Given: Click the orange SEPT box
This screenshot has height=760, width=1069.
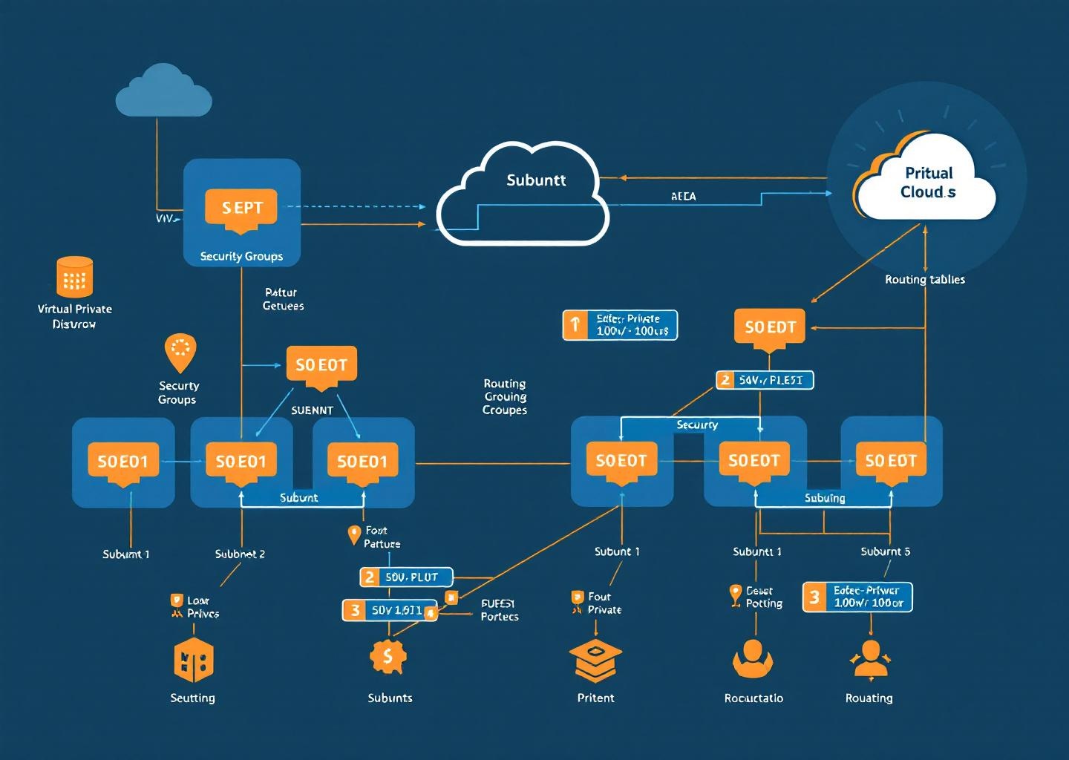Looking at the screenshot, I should point(241,208).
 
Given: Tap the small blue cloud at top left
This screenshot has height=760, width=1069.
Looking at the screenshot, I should point(163,93).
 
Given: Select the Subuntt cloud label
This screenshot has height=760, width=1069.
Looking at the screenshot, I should point(535,180).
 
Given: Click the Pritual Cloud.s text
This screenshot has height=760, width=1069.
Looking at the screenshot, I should point(927,183).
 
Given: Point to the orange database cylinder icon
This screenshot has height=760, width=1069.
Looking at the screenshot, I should point(74,277).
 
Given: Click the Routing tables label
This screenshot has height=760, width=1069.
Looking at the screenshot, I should point(924,280).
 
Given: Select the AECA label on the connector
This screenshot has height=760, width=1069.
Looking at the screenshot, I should point(683,197).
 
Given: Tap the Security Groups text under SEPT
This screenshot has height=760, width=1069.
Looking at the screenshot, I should point(241,257).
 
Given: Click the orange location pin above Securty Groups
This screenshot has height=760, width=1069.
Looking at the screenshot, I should point(180,352).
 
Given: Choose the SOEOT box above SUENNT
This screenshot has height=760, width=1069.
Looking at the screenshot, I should point(321,365).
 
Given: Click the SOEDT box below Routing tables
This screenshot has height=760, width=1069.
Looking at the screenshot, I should point(770,327).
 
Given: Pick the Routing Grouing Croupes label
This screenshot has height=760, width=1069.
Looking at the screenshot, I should point(505,397).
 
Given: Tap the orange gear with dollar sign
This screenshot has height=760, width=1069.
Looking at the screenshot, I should point(388,656).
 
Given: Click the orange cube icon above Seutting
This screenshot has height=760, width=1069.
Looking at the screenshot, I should point(193,660).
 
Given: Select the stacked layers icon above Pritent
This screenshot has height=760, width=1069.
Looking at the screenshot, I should point(595,660).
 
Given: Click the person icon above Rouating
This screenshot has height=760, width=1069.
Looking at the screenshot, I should point(870,659).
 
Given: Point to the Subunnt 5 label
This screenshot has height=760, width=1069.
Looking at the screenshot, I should point(885,551).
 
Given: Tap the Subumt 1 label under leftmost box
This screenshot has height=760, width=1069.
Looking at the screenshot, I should point(125,554).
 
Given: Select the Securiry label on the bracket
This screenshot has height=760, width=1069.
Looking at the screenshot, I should point(696,425).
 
